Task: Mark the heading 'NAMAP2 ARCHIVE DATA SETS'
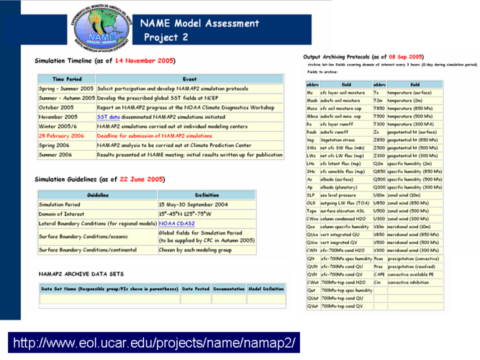[x=76, y=274]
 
